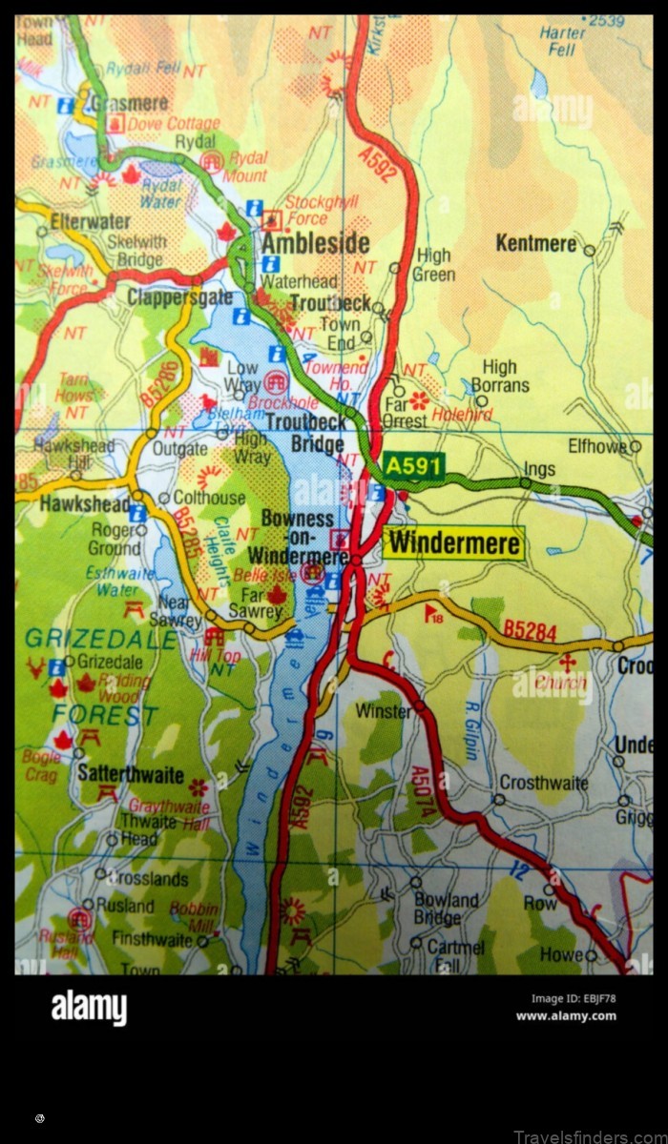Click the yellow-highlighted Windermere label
(454, 543)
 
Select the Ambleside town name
(315, 243)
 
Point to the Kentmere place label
(535, 244)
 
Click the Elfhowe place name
(596, 445)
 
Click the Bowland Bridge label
(446, 909)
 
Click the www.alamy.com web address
(565, 1015)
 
